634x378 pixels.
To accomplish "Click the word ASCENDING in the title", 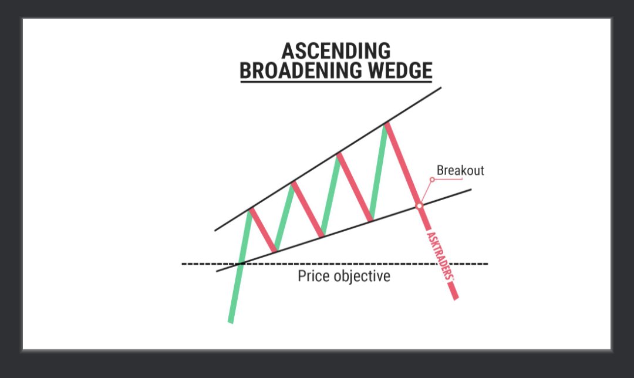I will pyautogui.click(x=336, y=51).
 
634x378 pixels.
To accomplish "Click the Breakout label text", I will pyautogui.click(x=460, y=171).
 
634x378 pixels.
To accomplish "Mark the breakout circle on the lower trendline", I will pyautogui.click(x=419, y=206).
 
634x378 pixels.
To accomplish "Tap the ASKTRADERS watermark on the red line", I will pyautogui.click(x=437, y=255).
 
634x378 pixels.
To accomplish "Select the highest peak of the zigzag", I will pyautogui.click(x=386, y=123).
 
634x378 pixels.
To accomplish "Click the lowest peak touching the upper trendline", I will pyautogui.click(x=251, y=209).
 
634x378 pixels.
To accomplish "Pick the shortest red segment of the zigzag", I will pyautogui.click(x=263, y=230).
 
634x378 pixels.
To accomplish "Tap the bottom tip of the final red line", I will pyautogui.click(x=456, y=299).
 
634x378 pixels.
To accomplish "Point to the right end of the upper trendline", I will pyautogui.click(x=440, y=88).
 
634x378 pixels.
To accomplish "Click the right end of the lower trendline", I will pyautogui.click(x=471, y=189).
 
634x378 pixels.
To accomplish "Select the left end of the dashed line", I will pyautogui.click(x=183, y=264).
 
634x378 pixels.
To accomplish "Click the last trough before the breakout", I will pyautogui.click(x=371, y=221).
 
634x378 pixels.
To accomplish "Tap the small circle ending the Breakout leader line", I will pyautogui.click(x=432, y=180).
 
